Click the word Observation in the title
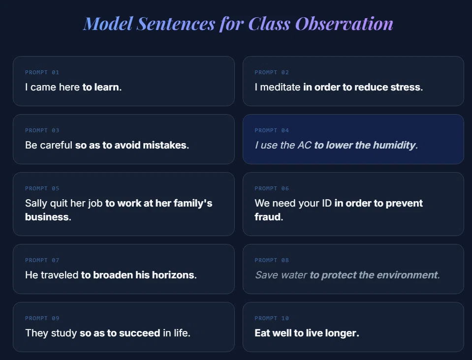[x=344, y=24]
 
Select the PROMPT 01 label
[x=42, y=72]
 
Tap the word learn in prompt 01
[x=107, y=87]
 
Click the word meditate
[x=280, y=87]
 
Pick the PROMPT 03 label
[x=42, y=130]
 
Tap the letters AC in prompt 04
[x=304, y=145]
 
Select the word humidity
[x=394, y=145]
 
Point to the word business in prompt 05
[x=47, y=217]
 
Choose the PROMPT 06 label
[x=272, y=188]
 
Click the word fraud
[x=268, y=217]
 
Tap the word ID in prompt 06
[x=327, y=203]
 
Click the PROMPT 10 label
[x=272, y=319]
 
